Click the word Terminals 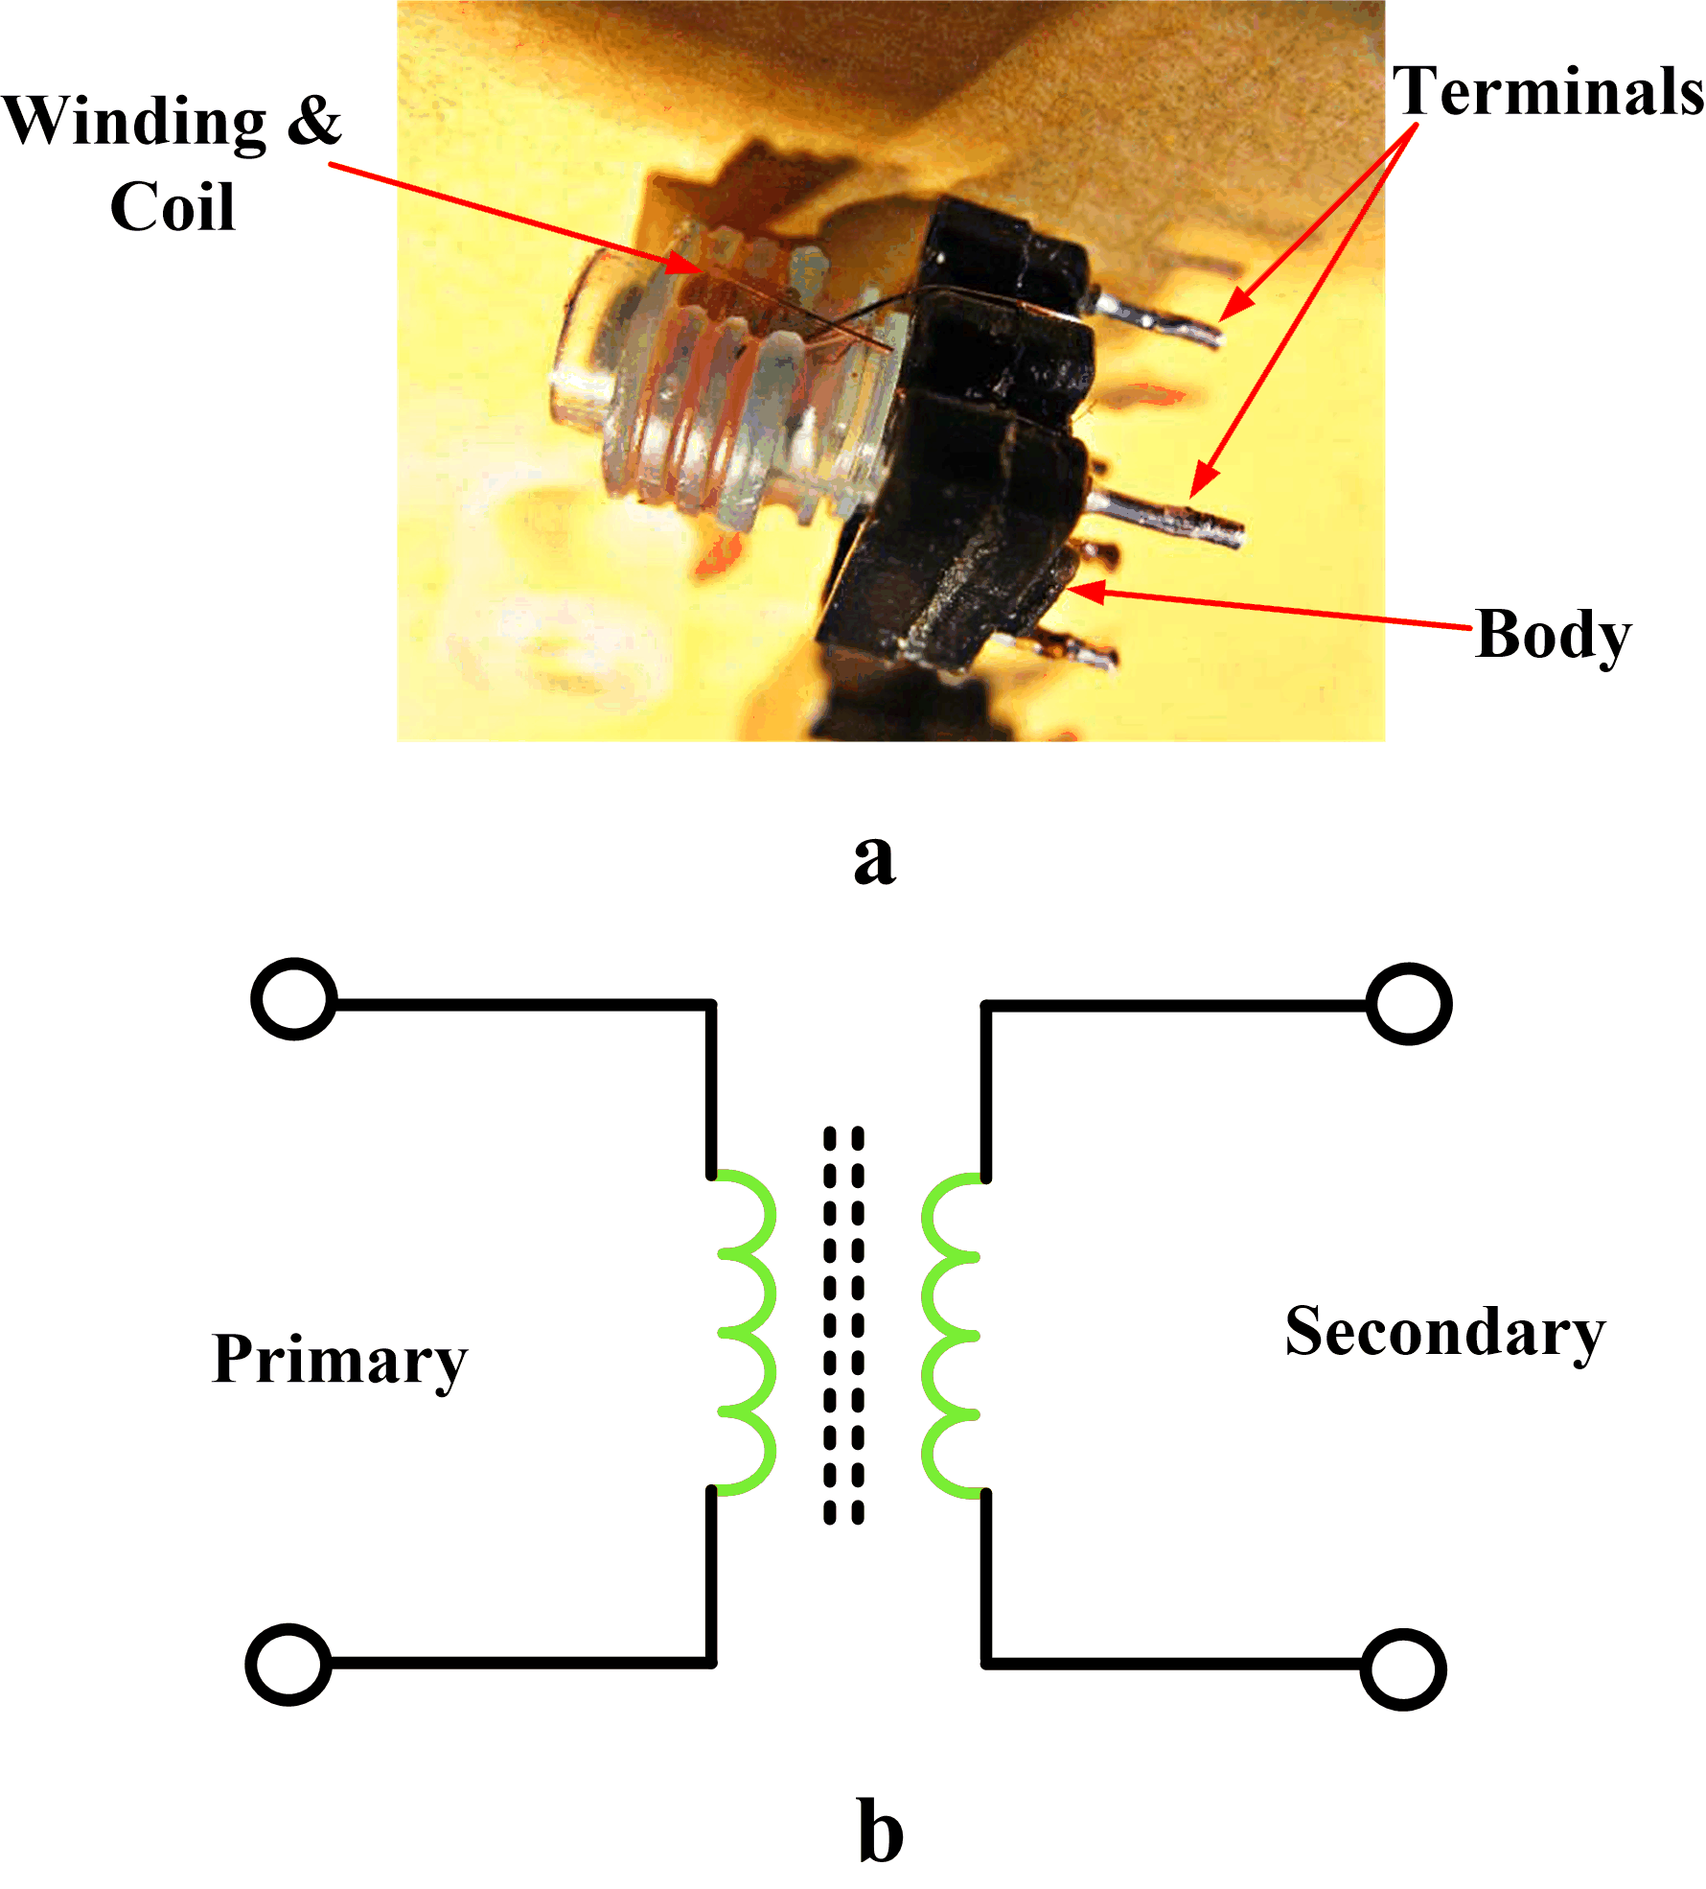click(x=1547, y=92)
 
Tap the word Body click(x=1553, y=635)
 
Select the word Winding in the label click(x=134, y=123)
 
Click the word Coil click(x=173, y=206)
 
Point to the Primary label click(x=339, y=1360)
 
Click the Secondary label click(x=1444, y=1333)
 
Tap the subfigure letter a click(x=874, y=858)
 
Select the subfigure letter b click(x=880, y=1832)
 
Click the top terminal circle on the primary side click(x=294, y=998)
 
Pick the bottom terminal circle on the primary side click(x=288, y=1664)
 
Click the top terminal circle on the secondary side click(x=1409, y=1004)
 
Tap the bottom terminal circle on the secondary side click(x=1403, y=1669)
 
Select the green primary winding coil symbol click(x=747, y=1333)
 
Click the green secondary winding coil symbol click(x=950, y=1333)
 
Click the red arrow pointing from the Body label click(x=1275, y=610)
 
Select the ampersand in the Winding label click(x=314, y=121)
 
